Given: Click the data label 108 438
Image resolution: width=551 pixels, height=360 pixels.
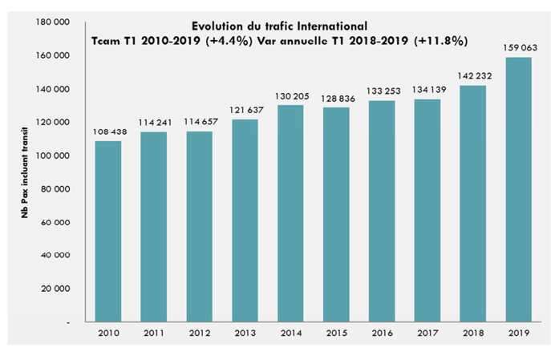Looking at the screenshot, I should [x=108, y=131].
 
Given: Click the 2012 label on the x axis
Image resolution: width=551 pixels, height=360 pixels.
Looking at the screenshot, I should [x=199, y=332].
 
